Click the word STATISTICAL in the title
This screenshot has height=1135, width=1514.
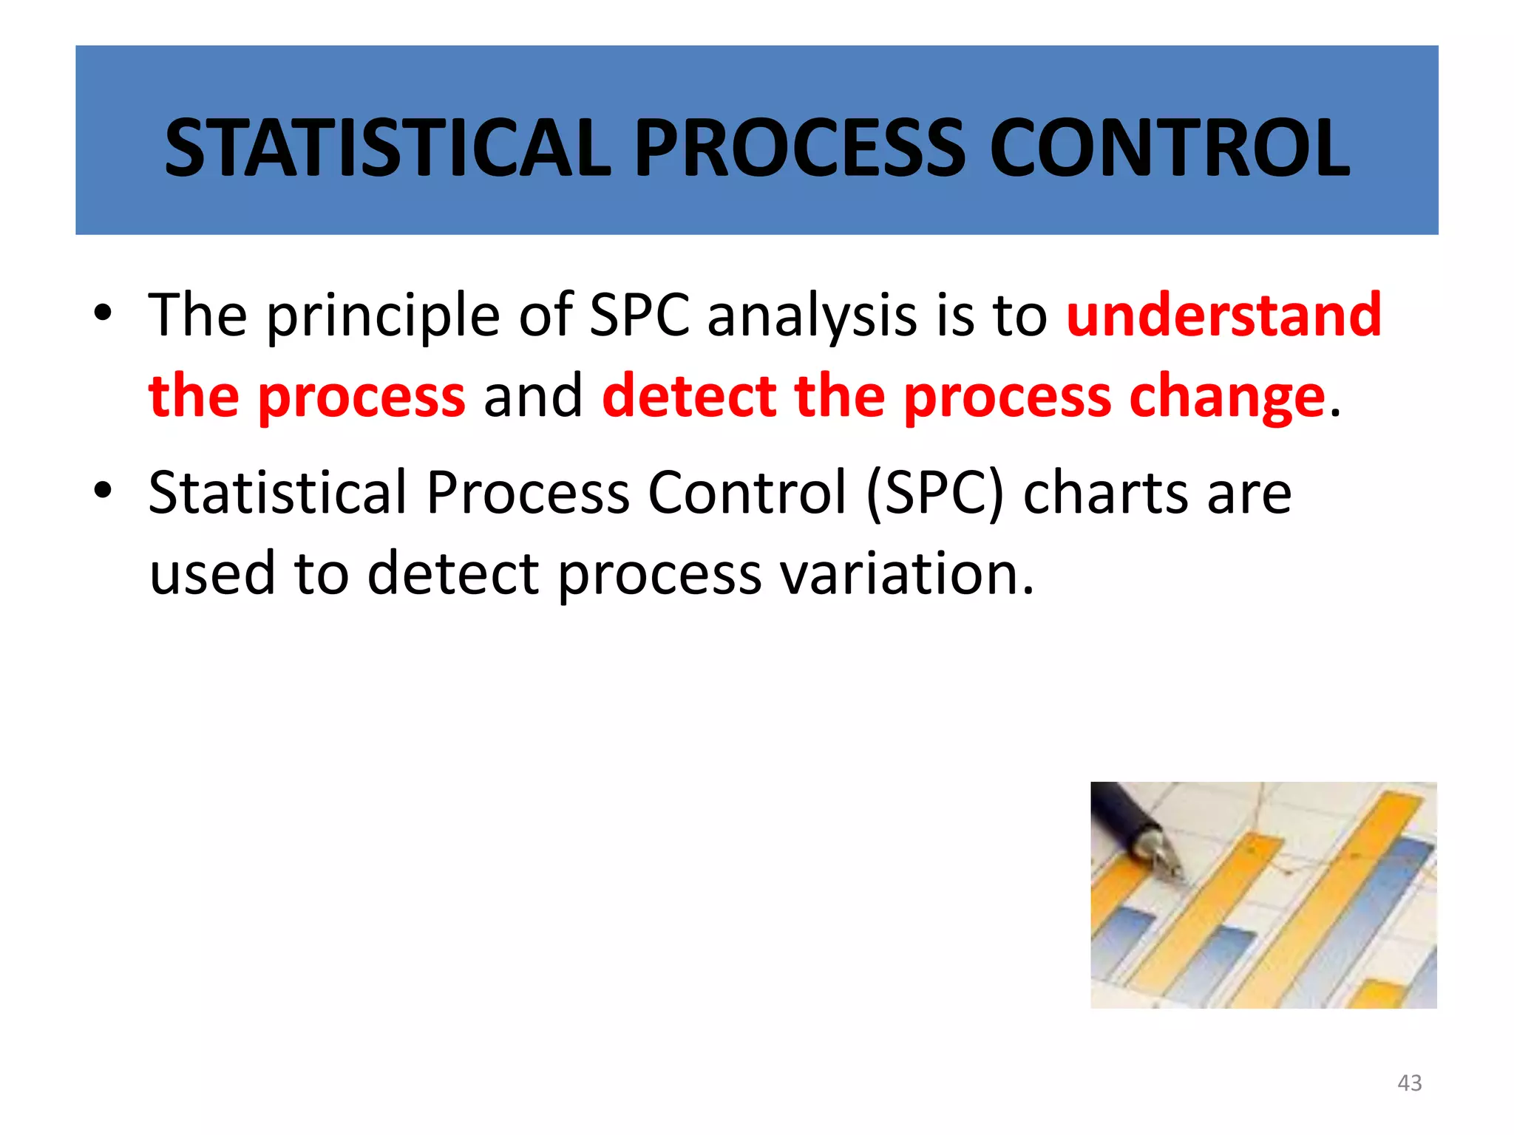point(387,149)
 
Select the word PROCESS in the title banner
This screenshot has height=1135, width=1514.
point(800,149)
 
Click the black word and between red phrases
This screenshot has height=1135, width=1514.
point(533,396)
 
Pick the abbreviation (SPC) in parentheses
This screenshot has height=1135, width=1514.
point(935,494)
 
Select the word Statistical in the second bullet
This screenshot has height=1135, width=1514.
point(278,494)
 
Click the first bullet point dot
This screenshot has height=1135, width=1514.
point(103,313)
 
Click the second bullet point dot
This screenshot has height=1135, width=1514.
point(103,491)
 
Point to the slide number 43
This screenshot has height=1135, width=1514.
point(1409,1083)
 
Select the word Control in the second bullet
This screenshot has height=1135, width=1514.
point(747,494)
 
